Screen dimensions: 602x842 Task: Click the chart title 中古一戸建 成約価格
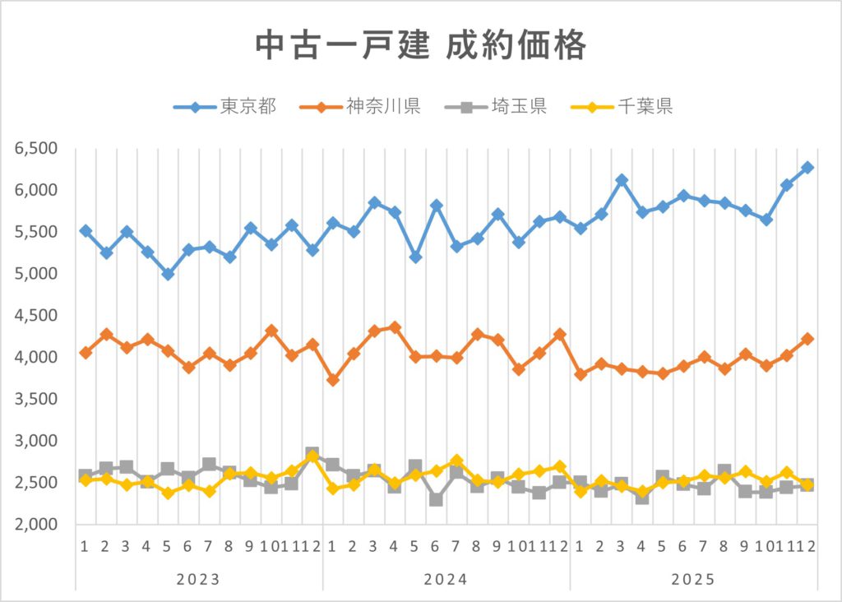[x=420, y=46]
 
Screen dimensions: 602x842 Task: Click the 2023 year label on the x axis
[x=198, y=579]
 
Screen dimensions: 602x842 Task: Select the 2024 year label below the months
[x=446, y=579]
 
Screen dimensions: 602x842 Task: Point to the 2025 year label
[x=693, y=579]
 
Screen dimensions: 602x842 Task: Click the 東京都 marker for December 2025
[x=807, y=168]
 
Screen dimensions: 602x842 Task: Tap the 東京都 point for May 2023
[x=168, y=274]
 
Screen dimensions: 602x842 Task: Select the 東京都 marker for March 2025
[x=622, y=180]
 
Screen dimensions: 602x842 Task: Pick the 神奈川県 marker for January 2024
[x=332, y=380]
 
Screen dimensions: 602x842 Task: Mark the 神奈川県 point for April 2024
[x=395, y=327]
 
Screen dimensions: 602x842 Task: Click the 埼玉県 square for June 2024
[x=436, y=498]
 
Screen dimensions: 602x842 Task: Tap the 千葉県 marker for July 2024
[x=456, y=461]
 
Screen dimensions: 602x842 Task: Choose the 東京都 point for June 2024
[x=436, y=205]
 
